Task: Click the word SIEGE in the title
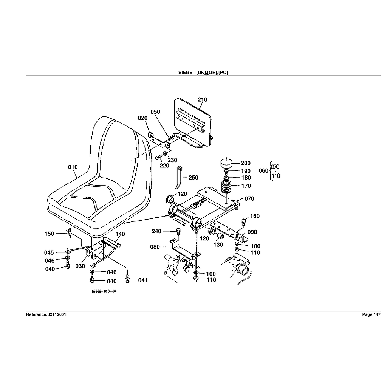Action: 185,72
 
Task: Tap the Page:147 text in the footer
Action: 371,314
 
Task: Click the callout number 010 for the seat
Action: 73,167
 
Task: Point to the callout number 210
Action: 202,100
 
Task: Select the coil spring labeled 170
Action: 227,187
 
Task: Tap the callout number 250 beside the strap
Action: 193,178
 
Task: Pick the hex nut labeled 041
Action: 127,281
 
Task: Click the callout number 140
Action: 120,234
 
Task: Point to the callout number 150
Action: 50,234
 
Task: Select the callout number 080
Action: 155,247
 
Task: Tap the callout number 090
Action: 252,232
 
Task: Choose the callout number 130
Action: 218,245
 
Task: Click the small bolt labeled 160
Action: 244,220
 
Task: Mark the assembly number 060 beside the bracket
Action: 263,170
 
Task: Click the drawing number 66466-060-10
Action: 104,292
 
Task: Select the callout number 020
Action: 142,118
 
